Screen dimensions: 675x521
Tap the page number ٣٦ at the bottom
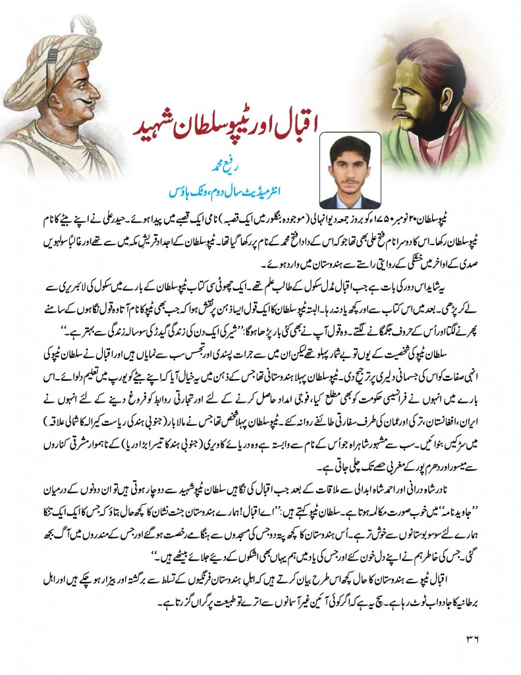click(476, 636)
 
